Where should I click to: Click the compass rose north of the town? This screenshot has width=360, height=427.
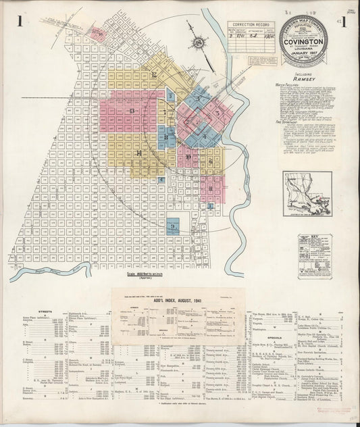pos(198,43)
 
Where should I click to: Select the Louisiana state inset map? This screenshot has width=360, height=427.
pos(307,193)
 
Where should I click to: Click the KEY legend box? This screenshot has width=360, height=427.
pos(307,249)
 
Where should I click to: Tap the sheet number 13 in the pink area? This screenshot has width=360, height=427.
pos(132,111)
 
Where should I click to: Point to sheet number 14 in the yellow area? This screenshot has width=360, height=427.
pos(138,154)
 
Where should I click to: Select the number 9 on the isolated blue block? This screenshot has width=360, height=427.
pos(174,226)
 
